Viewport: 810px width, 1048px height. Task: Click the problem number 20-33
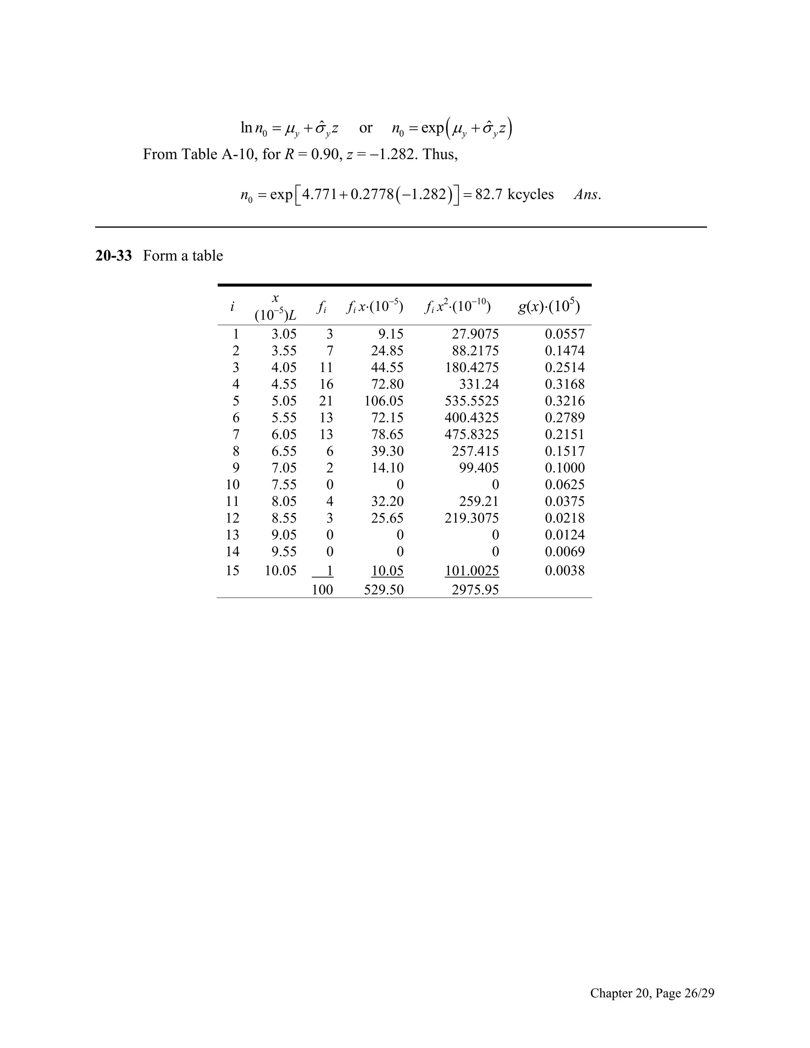[113, 256]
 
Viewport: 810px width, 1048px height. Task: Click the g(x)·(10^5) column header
[549, 306]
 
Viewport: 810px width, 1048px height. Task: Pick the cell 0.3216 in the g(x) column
[564, 401]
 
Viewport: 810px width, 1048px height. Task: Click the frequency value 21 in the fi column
[326, 401]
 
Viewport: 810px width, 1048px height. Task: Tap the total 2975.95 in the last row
[475, 590]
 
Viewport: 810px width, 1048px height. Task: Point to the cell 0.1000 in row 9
[564, 468]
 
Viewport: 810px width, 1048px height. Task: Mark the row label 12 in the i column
[233, 518]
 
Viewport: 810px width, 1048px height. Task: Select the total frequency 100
[322, 590]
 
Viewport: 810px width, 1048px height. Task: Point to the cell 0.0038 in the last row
[564, 571]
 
